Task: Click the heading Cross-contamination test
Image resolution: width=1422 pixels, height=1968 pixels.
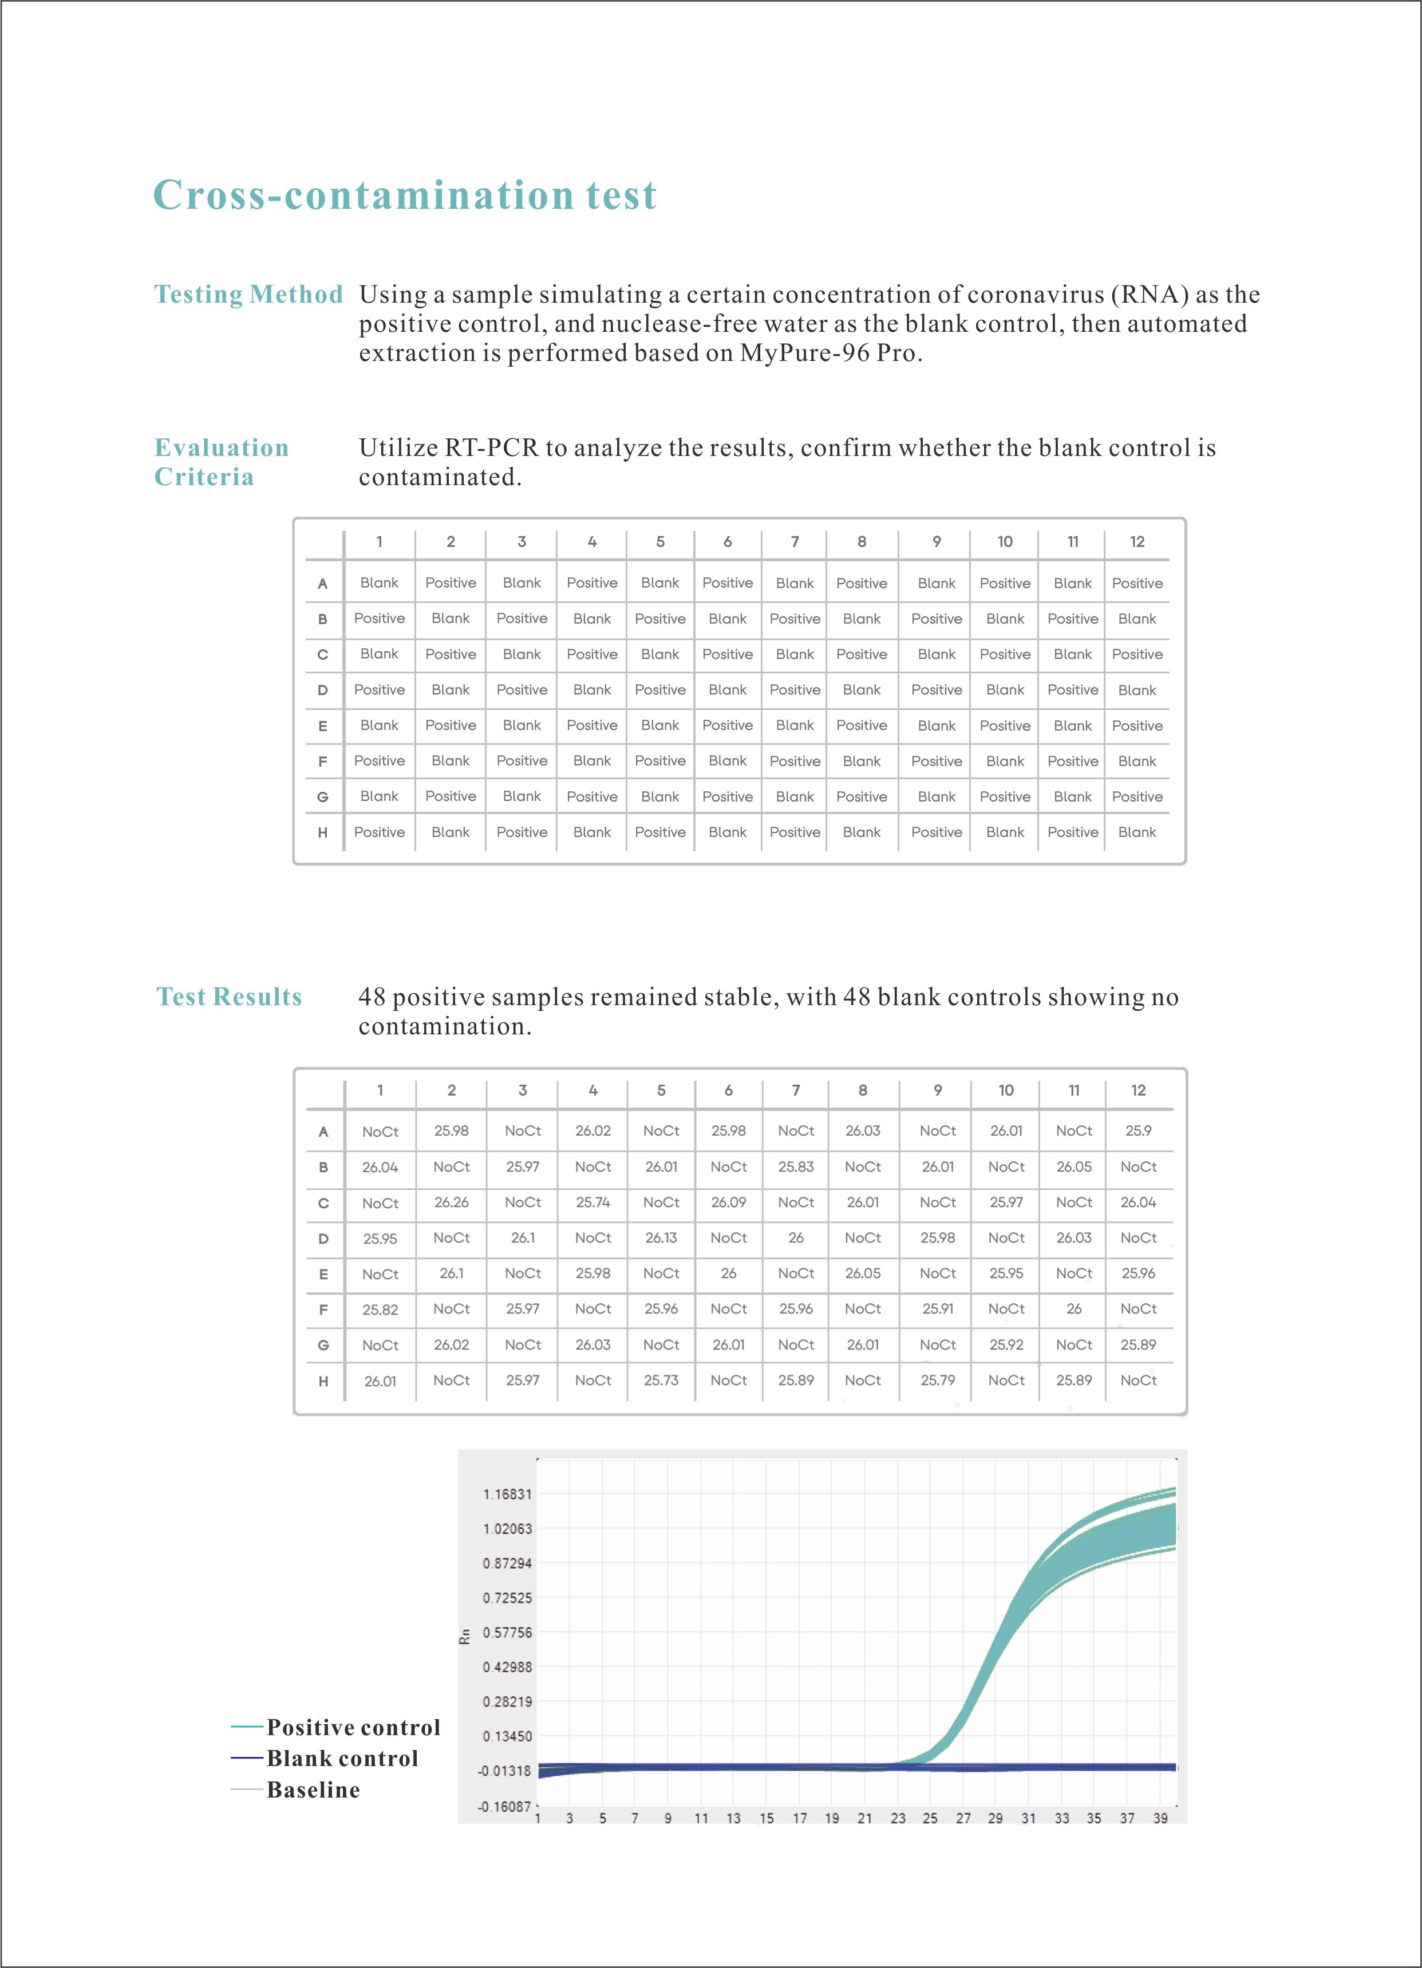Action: pos(405,195)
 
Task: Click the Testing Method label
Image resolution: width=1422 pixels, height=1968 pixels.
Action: pos(248,294)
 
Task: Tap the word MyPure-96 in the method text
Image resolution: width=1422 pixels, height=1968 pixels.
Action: pos(805,353)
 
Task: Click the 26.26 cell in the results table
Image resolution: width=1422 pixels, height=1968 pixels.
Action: pos(452,1203)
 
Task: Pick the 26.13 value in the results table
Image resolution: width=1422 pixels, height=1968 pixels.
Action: pos(661,1238)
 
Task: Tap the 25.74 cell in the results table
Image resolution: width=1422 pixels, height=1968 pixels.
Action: pos(593,1203)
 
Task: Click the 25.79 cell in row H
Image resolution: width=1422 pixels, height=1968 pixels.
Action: pos(938,1380)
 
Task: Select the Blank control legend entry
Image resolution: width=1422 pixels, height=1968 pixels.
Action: pos(342,1759)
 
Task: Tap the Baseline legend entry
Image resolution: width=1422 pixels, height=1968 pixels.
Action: pos(313,1790)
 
